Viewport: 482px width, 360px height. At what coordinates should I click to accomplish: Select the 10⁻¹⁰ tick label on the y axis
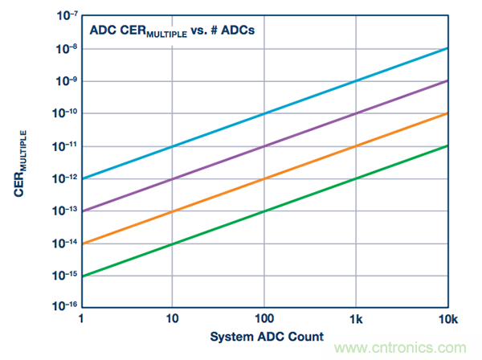click(66, 113)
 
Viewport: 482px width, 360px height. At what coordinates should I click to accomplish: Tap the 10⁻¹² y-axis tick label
click(66, 178)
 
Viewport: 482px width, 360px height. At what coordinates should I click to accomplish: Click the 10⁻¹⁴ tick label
click(66, 242)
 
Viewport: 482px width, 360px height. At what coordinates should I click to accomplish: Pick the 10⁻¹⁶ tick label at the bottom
click(66, 306)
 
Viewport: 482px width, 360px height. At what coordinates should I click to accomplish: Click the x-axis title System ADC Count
click(268, 336)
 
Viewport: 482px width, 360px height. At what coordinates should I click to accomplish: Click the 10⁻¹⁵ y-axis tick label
click(66, 274)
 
